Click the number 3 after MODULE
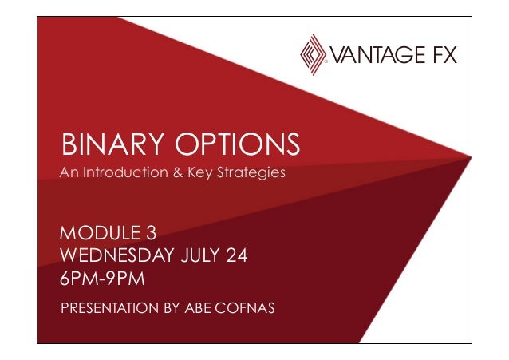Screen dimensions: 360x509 coord(150,234)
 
